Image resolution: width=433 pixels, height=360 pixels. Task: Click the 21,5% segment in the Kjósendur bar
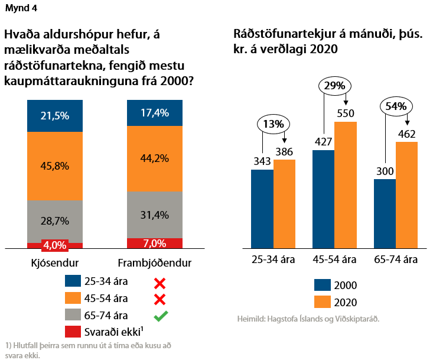click(55, 116)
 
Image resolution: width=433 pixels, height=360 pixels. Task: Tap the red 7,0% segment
click(155, 243)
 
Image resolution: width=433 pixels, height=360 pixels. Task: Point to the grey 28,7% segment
click(55, 220)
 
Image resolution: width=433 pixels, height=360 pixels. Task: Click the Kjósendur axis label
click(55, 261)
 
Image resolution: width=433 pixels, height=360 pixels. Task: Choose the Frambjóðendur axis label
click(155, 261)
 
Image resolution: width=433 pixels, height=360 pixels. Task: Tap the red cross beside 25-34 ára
click(159, 282)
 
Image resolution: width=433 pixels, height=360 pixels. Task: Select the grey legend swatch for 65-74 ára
click(74, 316)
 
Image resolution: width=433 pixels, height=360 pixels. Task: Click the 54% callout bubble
click(396, 106)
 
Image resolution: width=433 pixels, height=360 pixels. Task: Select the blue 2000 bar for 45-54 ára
click(323, 199)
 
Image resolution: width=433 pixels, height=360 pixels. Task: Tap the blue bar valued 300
click(385, 213)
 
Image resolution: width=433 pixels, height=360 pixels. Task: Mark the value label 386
click(285, 152)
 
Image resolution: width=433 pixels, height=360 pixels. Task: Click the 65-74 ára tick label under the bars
click(396, 260)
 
